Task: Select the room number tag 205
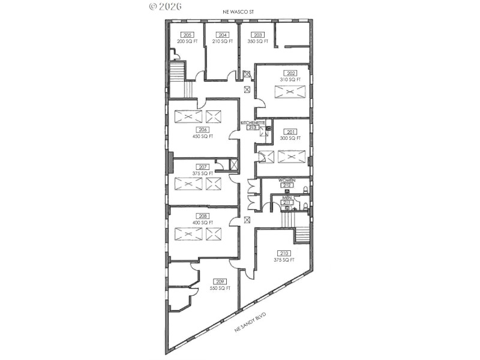(188, 35)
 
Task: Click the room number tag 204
(223, 35)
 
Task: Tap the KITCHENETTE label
(253, 122)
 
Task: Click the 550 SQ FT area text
(220, 289)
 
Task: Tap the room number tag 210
(284, 253)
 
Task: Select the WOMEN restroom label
(286, 180)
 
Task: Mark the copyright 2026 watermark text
(164, 6)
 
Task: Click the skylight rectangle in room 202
(290, 92)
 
